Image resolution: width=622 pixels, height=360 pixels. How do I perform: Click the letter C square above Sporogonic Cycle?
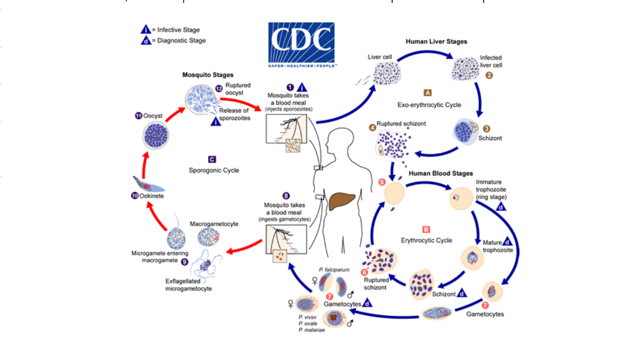click(212, 159)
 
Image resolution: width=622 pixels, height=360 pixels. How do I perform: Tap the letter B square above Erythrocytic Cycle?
click(426, 229)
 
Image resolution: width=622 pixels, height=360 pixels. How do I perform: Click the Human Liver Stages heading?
click(436, 41)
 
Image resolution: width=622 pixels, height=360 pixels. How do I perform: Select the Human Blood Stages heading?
click(439, 173)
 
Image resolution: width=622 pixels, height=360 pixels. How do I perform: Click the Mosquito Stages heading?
click(208, 75)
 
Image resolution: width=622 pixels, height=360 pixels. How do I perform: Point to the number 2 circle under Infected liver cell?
click(489, 75)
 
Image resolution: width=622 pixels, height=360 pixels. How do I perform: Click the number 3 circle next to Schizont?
click(486, 129)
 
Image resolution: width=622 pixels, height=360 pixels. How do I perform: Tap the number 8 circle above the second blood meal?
click(286, 195)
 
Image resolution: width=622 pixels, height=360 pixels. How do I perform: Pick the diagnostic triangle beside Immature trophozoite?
click(501, 206)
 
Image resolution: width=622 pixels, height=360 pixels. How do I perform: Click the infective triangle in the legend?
click(146, 30)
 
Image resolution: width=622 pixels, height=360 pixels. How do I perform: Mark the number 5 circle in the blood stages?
click(381, 182)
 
